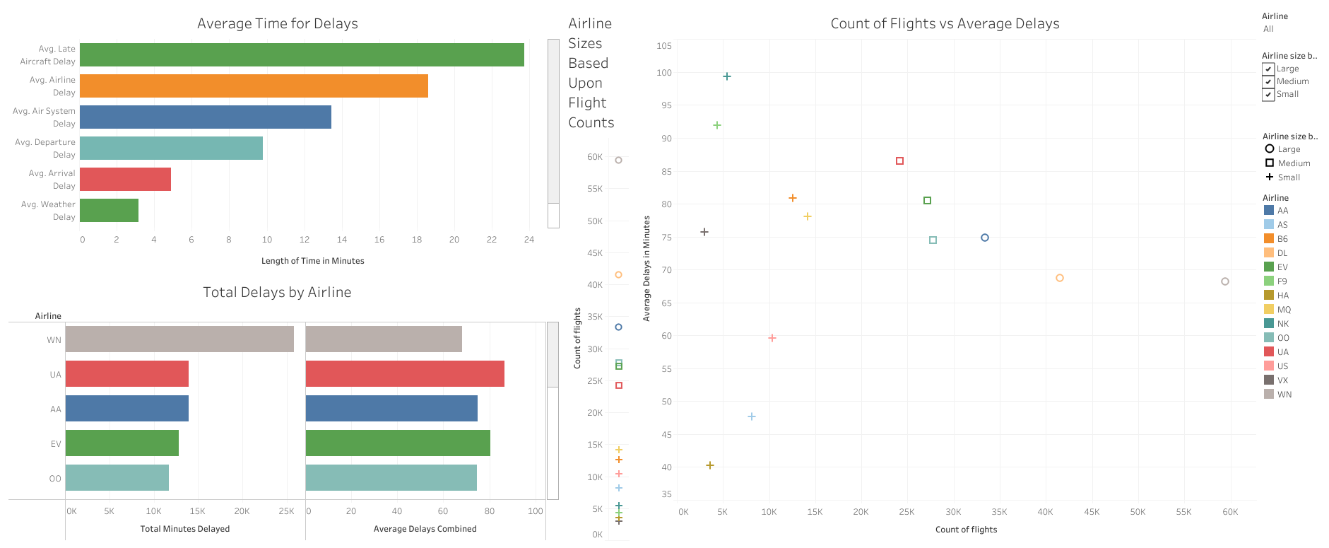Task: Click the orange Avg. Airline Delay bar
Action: tap(254, 86)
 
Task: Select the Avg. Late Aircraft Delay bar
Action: tap(302, 55)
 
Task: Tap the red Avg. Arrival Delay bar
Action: tap(125, 180)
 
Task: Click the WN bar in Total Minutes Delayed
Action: tap(179, 339)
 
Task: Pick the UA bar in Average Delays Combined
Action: tap(405, 374)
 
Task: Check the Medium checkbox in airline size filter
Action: tap(1268, 82)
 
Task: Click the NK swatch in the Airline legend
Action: tap(1269, 324)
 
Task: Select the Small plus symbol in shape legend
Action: tap(1270, 177)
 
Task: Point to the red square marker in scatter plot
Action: tap(899, 161)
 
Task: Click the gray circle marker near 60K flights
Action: tap(1225, 281)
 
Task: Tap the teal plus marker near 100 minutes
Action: tap(727, 76)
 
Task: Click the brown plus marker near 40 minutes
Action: tap(710, 465)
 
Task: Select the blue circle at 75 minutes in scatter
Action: tap(985, 238)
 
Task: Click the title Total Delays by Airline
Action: tap(277, 293)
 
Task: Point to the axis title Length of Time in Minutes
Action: tap(312, 261)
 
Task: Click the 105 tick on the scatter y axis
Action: tap(664, 46)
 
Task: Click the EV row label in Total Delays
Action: tap(56, 444)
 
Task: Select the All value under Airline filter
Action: tap(1268, 29)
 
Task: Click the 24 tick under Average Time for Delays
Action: tap(528, 240)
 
